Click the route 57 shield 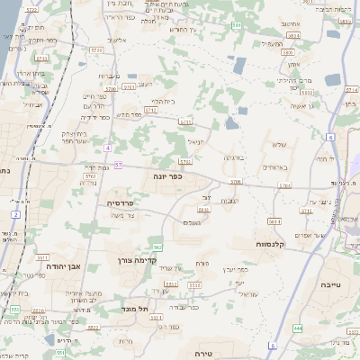point(119,166)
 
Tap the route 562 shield point(157,247)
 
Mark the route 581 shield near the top point(237,25)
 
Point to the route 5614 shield point(274,220)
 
